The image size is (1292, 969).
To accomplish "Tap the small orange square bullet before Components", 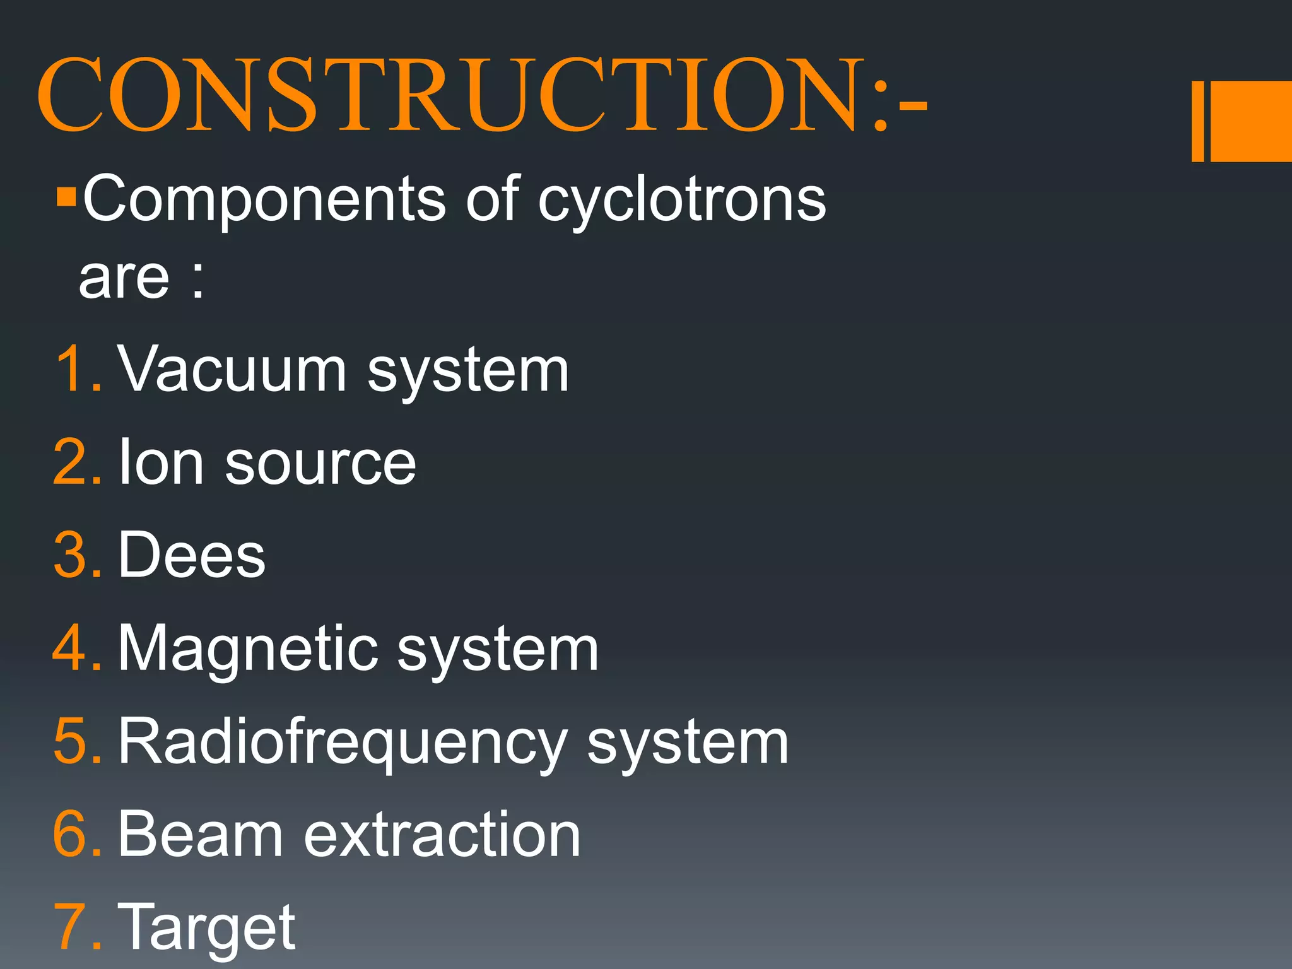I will (66, 197).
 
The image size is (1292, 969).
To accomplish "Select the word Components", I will (264, 199).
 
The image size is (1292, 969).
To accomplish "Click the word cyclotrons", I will (681, 201).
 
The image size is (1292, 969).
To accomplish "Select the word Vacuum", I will (232, 370).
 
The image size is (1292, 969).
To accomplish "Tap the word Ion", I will (161, 462).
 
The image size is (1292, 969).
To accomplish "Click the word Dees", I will (192, 555).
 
